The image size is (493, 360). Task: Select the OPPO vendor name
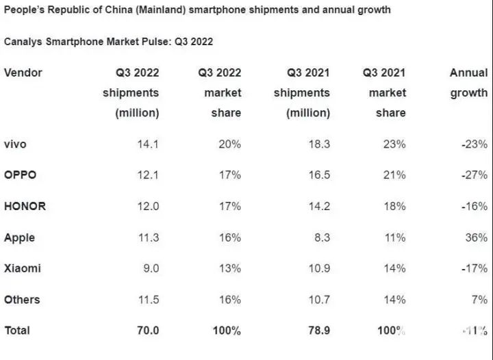(20, 175)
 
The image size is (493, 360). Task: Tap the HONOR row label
(25, 206)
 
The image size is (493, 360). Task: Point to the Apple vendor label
(19, 237)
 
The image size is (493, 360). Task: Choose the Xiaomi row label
(22, 268)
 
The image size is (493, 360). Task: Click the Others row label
(22, 300)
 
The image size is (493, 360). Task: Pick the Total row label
(17, 331)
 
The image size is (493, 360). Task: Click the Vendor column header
(23, 73)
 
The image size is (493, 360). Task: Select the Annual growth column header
(468, 83)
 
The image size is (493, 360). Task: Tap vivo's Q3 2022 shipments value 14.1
(147, 144)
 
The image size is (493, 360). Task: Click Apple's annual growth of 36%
(477, 237)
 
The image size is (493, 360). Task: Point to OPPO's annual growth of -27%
(474, 175)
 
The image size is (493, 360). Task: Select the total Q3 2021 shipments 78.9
(317, 331)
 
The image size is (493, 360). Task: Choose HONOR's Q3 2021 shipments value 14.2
(318, 206)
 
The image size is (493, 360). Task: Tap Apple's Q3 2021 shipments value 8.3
(321, 237)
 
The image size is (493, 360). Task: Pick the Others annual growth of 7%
(480, 300)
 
